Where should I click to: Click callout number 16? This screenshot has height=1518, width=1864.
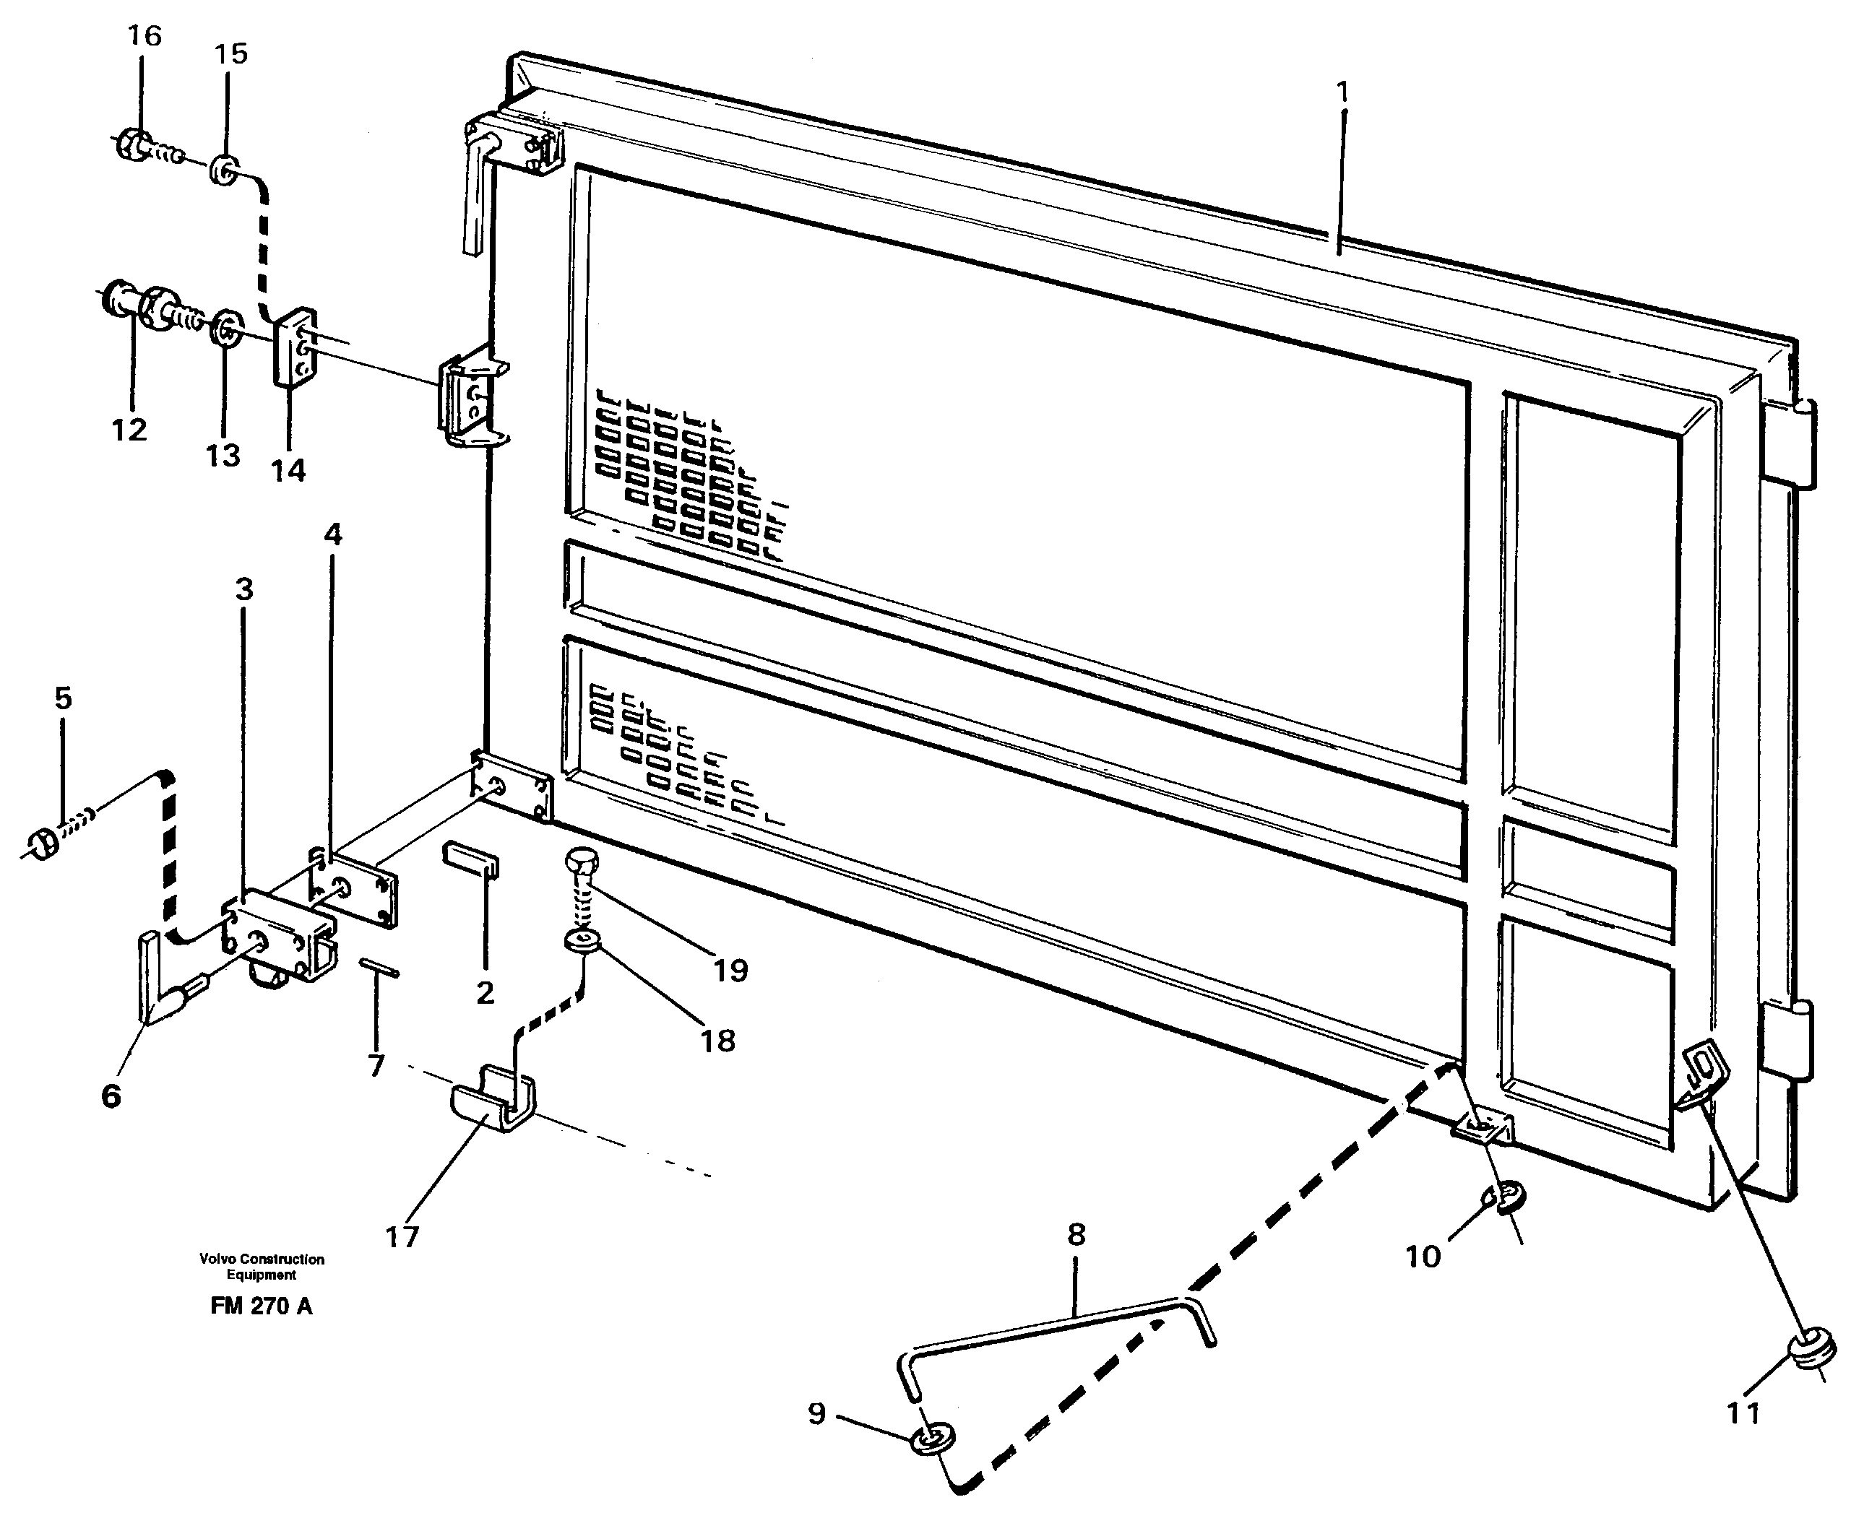(x=144, y=37)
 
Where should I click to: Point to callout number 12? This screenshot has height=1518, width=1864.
(x=129, y=430)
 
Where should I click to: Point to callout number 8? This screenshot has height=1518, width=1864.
(x=1076, y=1236)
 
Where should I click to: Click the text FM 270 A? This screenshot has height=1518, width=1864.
(x=261, y=1306)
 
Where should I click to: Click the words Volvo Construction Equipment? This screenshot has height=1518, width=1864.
(x=261, y=1266)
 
